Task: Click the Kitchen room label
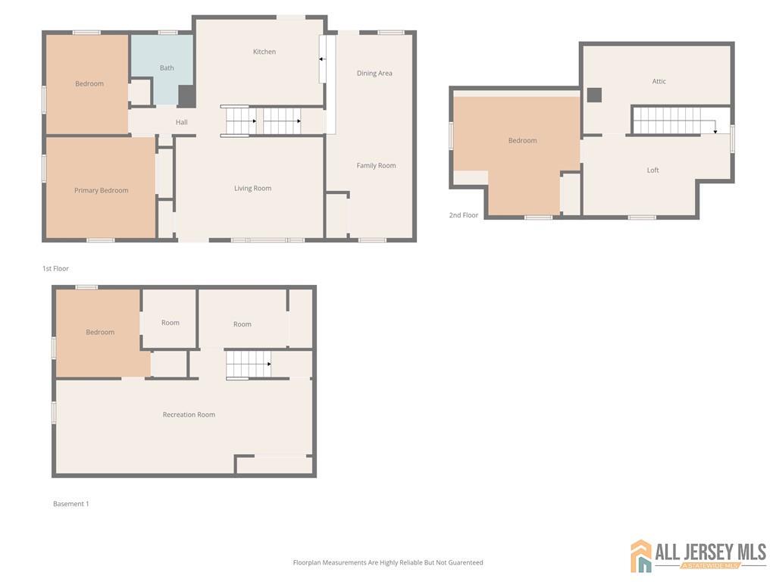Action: (264, 52)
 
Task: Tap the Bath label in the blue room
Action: (167, 68)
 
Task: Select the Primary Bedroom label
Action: (102, 190)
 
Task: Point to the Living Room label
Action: (252, 188)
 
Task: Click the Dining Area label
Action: (374, 74)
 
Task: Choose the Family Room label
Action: (377, 165)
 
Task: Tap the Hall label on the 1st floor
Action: (182, 122)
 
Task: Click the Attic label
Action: (659, 81)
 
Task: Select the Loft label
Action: (653, 170)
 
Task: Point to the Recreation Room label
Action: (189, 415)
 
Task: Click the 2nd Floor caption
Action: (464, 215)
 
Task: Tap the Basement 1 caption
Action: (71, 504)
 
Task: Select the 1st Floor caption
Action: (55, 268)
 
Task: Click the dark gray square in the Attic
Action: (595, 95)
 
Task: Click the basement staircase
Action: (249, 365)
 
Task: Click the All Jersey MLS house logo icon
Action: (641, 556)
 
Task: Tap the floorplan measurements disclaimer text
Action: (388, 562)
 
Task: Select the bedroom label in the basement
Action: (100, 332)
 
